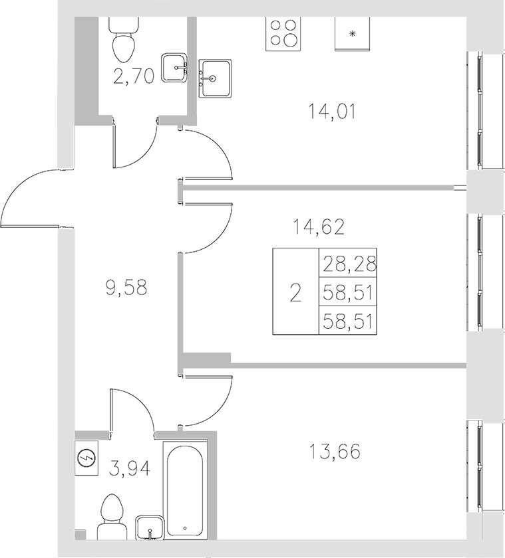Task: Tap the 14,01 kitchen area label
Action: coord(333,110)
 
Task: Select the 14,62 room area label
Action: coord(319,228)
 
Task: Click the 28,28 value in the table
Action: coord(349,265)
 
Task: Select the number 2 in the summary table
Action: coord(296,292)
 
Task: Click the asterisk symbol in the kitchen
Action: coord(353,33)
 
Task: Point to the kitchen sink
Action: coord(214,78)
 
